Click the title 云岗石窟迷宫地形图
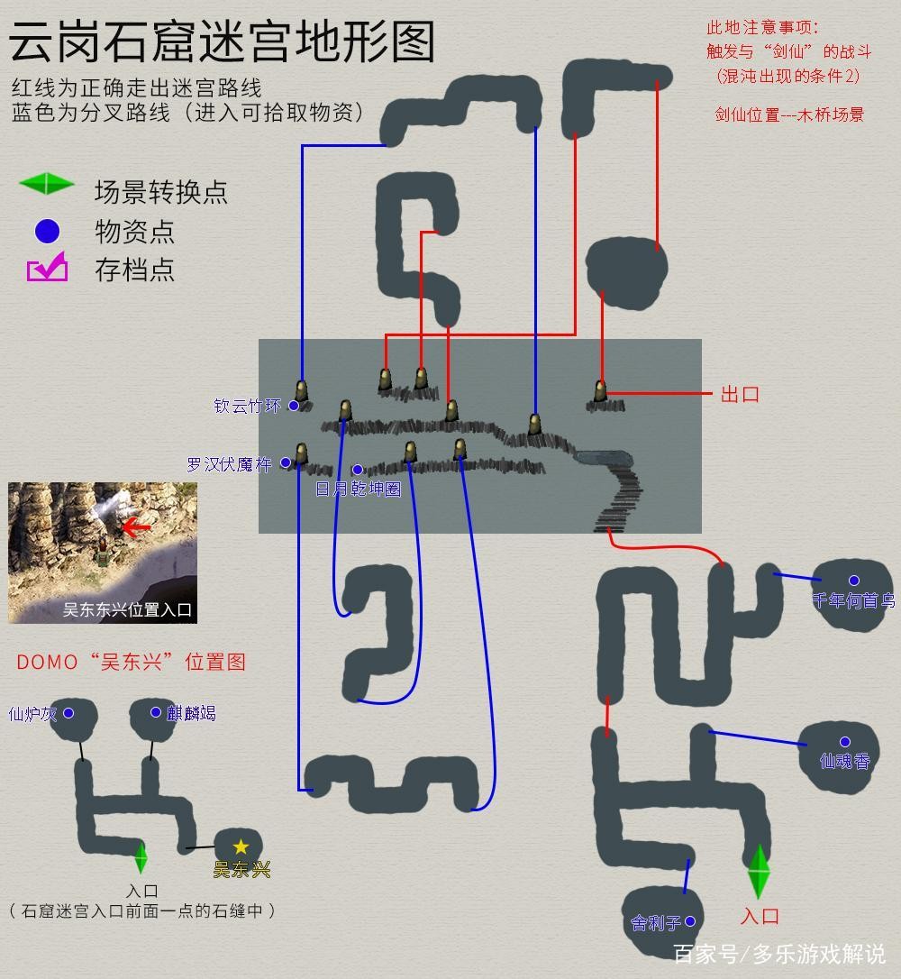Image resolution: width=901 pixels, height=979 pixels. click(x=223, y=41)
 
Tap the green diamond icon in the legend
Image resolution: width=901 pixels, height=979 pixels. click(x=47, y=184)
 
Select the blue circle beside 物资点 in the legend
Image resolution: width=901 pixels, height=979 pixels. click(x=48, y=231)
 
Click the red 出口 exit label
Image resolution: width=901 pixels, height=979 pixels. click(x=740, y=395)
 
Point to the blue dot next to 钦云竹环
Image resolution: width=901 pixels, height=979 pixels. click(x=293, y=406)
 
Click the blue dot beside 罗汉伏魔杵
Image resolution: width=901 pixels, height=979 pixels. click(x=285, y=462)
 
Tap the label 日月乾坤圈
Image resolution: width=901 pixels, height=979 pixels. click(x=359, y=489)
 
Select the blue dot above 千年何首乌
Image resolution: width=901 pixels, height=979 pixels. click(x=854, y=581)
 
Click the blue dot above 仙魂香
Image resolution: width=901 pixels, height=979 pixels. click(x=845, y=742)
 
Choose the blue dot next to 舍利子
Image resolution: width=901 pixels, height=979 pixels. click(x=690, y=921)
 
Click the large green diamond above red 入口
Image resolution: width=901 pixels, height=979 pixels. click(x=759, y=871)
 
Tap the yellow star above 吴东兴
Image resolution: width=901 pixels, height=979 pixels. click(x=241, y=846)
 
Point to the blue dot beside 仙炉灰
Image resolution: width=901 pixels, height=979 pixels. click(x=68, y=713)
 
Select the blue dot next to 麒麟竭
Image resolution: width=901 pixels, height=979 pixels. click(x=155, y=712)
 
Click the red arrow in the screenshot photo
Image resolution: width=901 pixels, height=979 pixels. click(x=135, y=528)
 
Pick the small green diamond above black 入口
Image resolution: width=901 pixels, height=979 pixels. click(x=141, y=857)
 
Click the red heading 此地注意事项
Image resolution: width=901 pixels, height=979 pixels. click(x=762, y=28)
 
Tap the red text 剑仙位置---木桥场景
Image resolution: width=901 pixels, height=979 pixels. click(x=789, y=114)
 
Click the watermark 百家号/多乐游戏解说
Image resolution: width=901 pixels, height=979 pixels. click(x=779, y=954)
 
